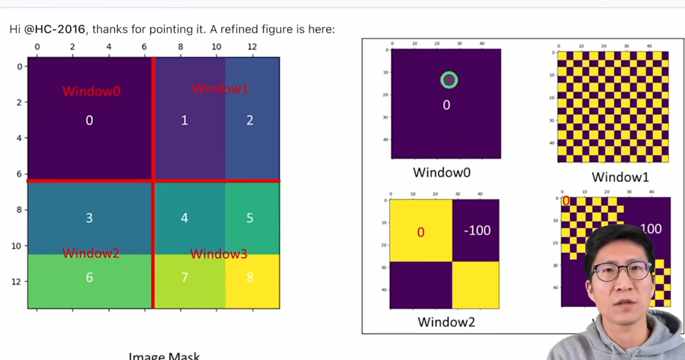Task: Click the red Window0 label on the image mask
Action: click(x=91, y=91)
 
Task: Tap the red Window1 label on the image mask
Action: click(x=220, y=88)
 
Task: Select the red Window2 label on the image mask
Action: click(x=91, y=253)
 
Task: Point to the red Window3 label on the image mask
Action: click(x=219, y=253)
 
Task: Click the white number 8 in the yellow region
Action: click(x=250, y=277)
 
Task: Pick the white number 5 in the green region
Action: click(x=250, y=218)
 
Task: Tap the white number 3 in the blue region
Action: click(x=89, y=218)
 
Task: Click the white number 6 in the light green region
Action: click(x=89, y=277)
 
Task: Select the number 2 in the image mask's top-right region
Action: click(x=250, y=120)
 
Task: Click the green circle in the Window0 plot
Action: click(x=449, y=80)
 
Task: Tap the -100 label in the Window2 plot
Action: click(x=477, y=230)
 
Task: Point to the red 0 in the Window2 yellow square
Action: click(x=421, y=232)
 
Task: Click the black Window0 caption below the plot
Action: click(x=441, y=172)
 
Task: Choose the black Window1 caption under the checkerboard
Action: click(x=620, y=177)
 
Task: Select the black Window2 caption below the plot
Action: click(x=446, y=321)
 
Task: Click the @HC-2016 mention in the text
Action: click(x=55, y=28)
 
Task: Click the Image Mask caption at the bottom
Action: click(x=164, y=355)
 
